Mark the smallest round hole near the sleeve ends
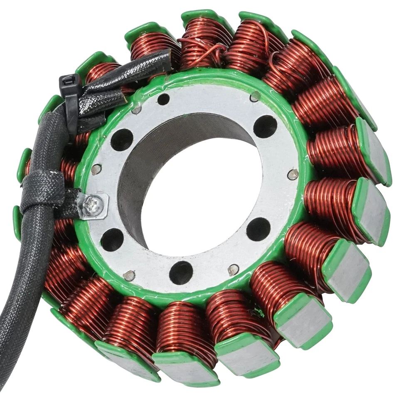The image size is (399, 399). pos(163,99)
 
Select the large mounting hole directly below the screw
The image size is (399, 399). pos(112,239)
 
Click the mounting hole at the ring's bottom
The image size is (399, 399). pos(181,273)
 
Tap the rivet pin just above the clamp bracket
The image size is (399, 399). pos(96,169)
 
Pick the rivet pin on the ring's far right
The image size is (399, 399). pos(293,174)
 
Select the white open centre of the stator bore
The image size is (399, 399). pos(199,199)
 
